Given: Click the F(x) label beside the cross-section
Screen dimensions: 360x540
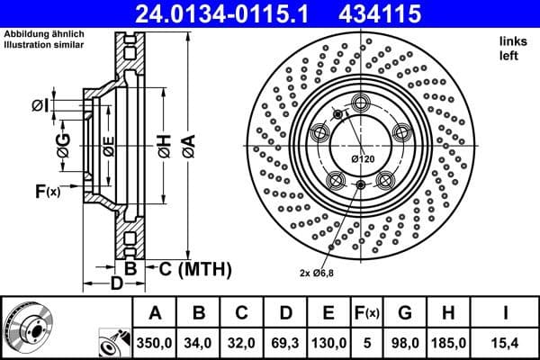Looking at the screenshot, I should pos(48,190).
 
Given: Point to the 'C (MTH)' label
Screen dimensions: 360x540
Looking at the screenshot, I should pos(194,268).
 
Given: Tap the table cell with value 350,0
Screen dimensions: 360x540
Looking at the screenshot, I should pos(154,342).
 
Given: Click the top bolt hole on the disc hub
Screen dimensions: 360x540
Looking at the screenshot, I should pos(362,102).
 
